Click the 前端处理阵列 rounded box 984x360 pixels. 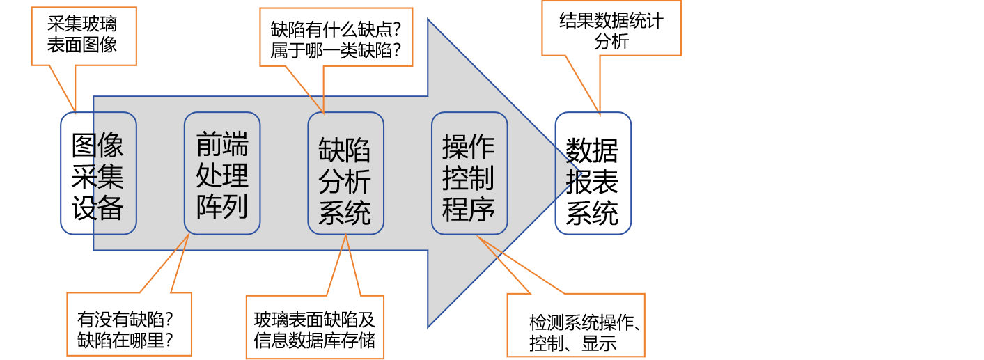222,173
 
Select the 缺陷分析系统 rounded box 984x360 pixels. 345,173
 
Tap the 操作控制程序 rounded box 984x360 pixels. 469,173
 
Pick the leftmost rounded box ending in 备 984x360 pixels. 98,173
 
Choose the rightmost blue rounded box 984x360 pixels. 593,173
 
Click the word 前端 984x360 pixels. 222,145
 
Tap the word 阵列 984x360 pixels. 222,207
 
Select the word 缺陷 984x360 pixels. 345,150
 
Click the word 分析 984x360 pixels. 345,182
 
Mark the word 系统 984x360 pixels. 345,213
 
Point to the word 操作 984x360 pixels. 469,146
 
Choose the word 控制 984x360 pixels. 469,178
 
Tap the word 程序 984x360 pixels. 469,208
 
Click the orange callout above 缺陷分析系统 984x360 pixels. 336,37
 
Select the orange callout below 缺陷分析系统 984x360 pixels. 315,327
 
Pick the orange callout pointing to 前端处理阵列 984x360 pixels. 129,324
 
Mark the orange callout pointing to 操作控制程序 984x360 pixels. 575,325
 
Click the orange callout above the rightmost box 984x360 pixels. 611,29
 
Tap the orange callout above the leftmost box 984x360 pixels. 84,36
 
